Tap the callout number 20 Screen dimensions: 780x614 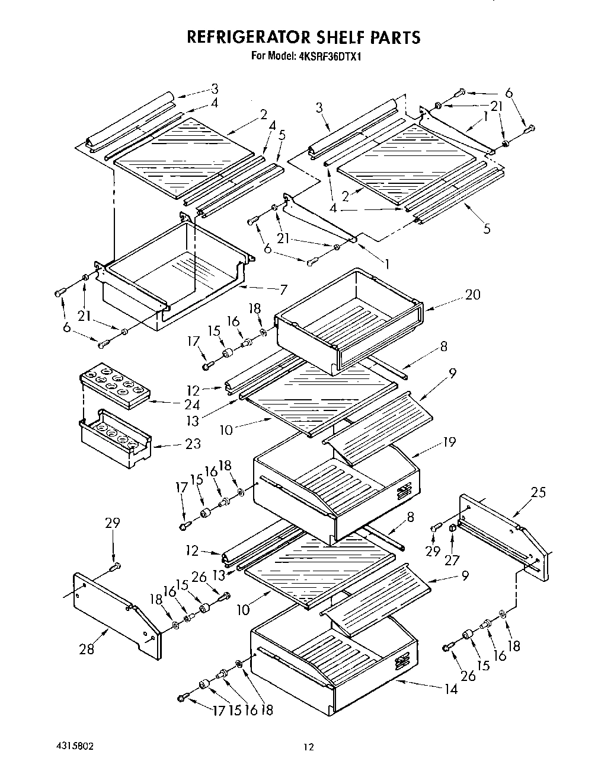[x=472, y=294]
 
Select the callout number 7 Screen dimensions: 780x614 [x=283, y=289]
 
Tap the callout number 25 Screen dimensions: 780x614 [x=538, y=492]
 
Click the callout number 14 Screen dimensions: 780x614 [x=451, y=689]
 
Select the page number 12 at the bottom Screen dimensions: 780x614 [x=308, y=747]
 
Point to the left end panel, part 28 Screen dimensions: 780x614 [x=116, y=617]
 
